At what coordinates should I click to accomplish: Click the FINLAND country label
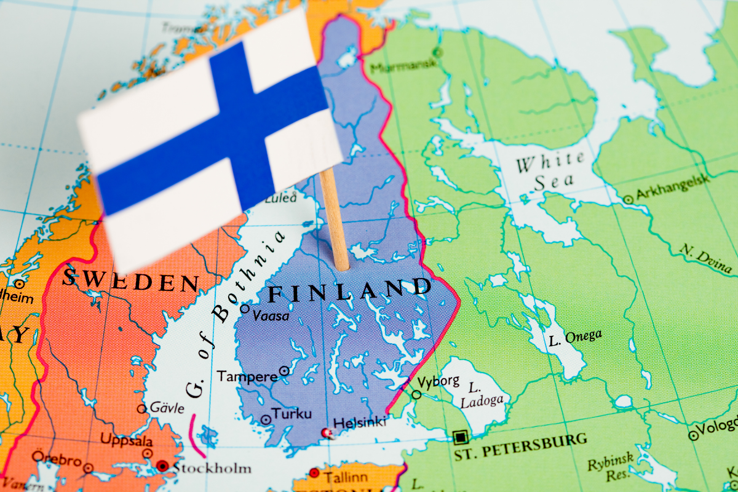pos(349,290)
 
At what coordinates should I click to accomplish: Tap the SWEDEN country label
pos(130,280)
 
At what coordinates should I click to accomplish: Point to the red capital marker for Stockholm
pos(162,466)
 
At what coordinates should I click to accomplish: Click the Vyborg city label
pos(438,381)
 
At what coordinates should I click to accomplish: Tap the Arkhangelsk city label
pos(672,187)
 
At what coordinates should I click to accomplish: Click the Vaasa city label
pos(271,315)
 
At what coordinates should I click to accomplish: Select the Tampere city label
pos(247,376)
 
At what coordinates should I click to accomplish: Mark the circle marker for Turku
pos(266,419)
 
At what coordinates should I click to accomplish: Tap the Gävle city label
pos(166,408)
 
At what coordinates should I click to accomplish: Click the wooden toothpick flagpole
pos(335,221)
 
